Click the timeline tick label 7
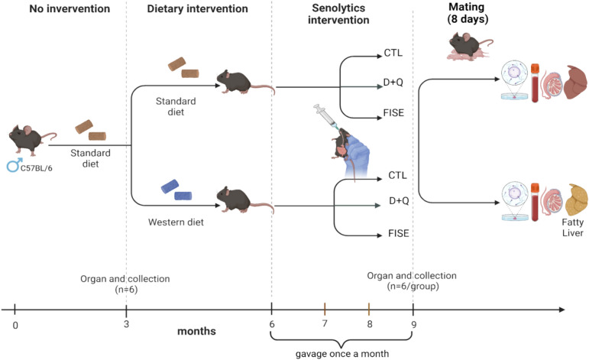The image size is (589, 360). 325,323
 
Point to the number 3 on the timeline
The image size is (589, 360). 126,323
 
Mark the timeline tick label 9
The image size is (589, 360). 413,323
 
